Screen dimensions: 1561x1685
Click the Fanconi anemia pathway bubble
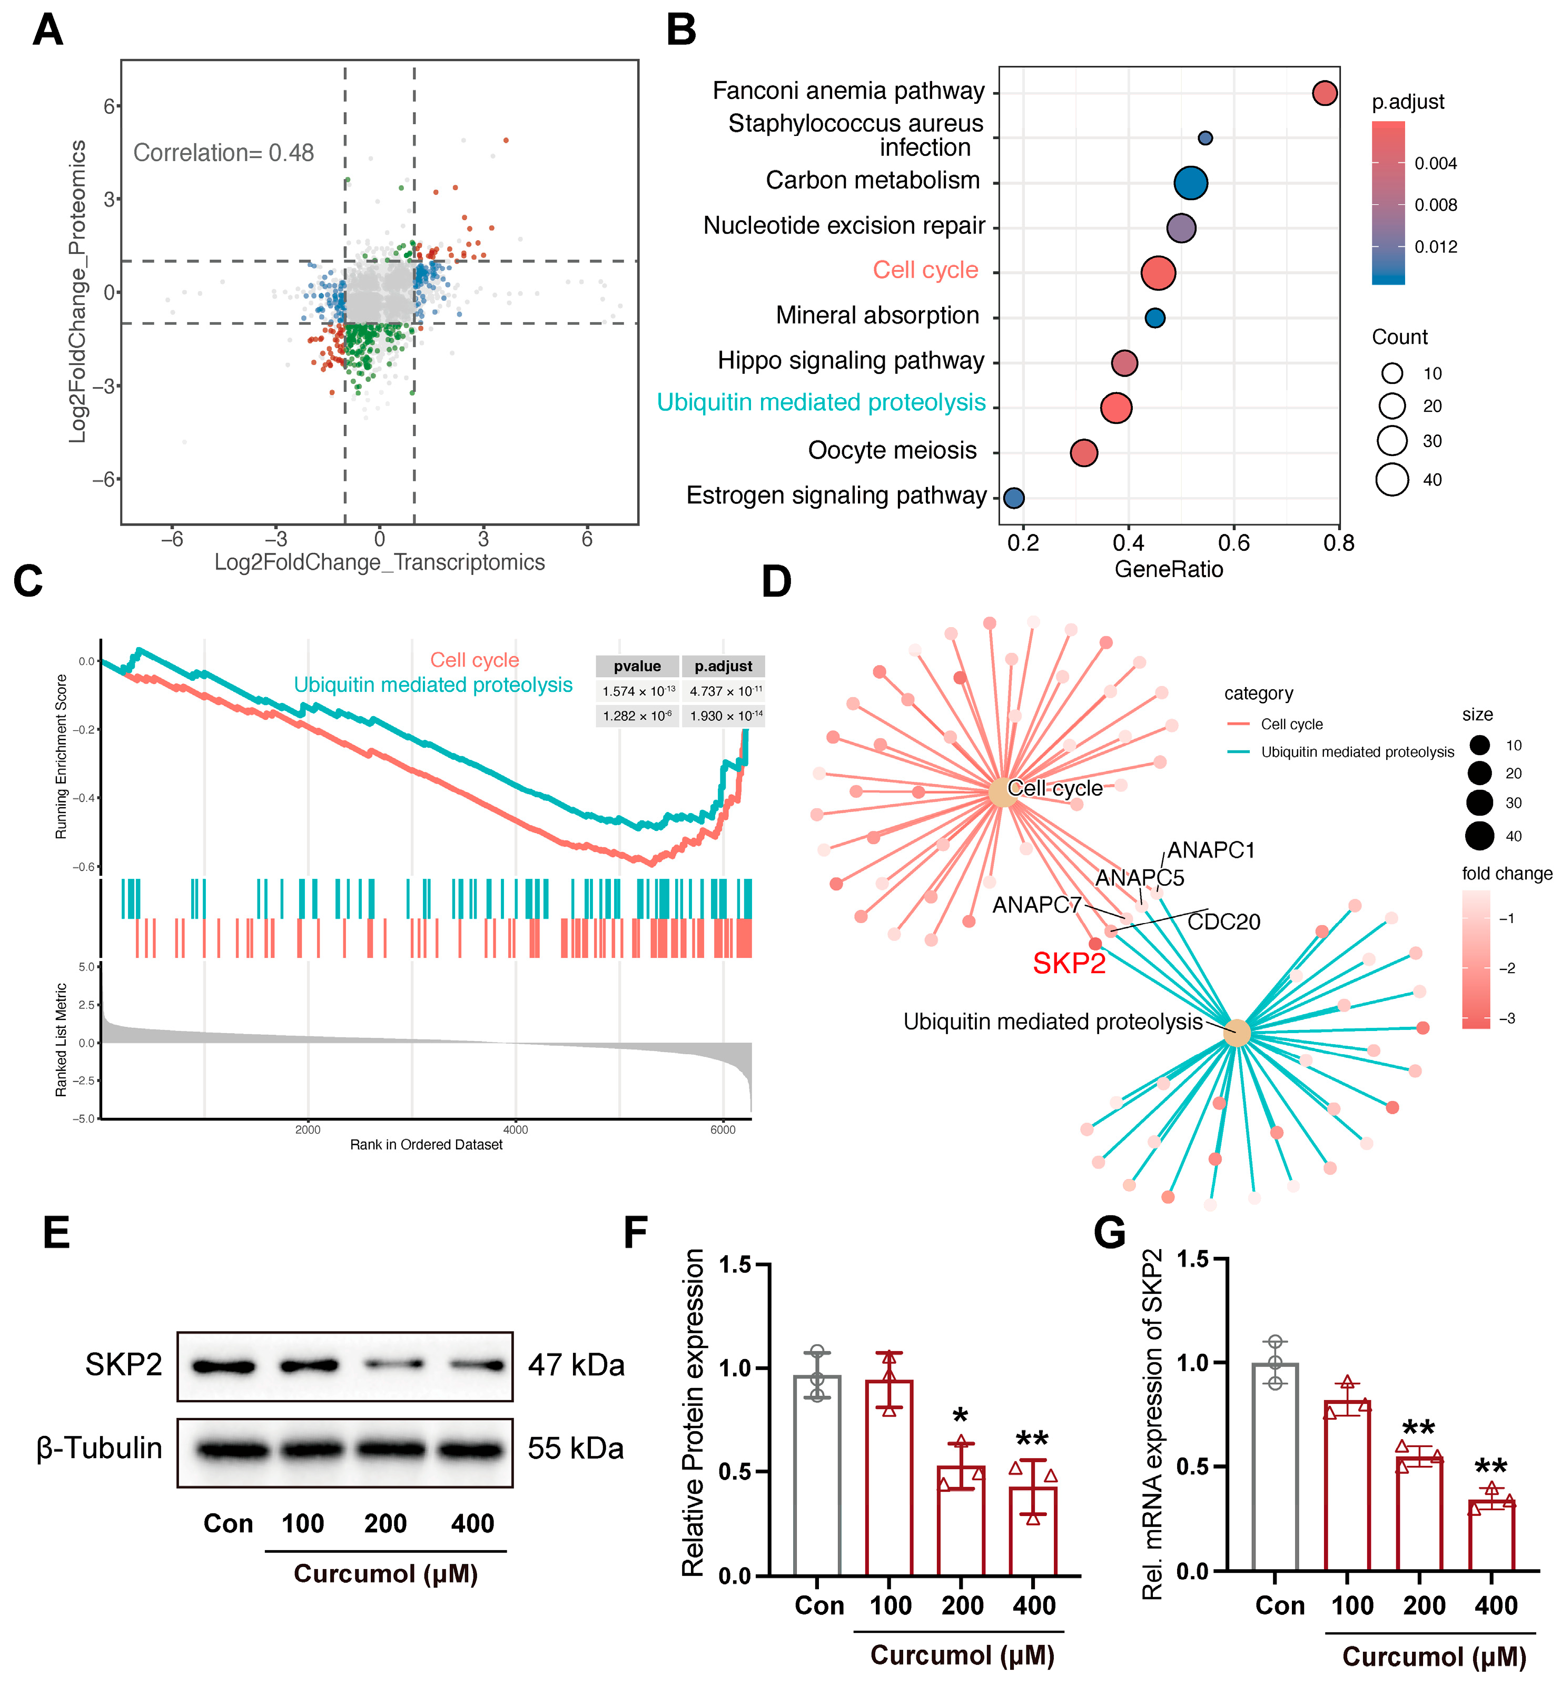(1325, 93)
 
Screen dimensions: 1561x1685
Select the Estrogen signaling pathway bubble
(1014, 498)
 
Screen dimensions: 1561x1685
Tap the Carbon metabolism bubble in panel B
(1191, 182)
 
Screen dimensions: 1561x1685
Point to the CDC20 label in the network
(1224, 921)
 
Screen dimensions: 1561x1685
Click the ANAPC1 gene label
(1211, 850)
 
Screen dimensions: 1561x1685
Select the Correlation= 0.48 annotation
(224, 153)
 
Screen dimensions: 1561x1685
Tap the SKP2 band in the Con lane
(224, 1366)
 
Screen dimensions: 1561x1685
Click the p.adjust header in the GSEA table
(723, 667)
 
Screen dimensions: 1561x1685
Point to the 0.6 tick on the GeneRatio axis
(1234, 542)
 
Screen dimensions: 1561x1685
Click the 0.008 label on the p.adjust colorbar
(1436, 205)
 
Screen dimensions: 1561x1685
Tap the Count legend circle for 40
(1392, 480)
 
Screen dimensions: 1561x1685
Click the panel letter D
(776, 581)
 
